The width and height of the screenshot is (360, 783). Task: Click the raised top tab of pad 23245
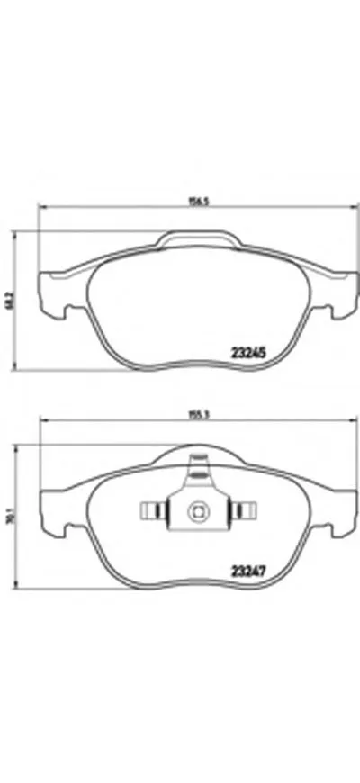[199, 239]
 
